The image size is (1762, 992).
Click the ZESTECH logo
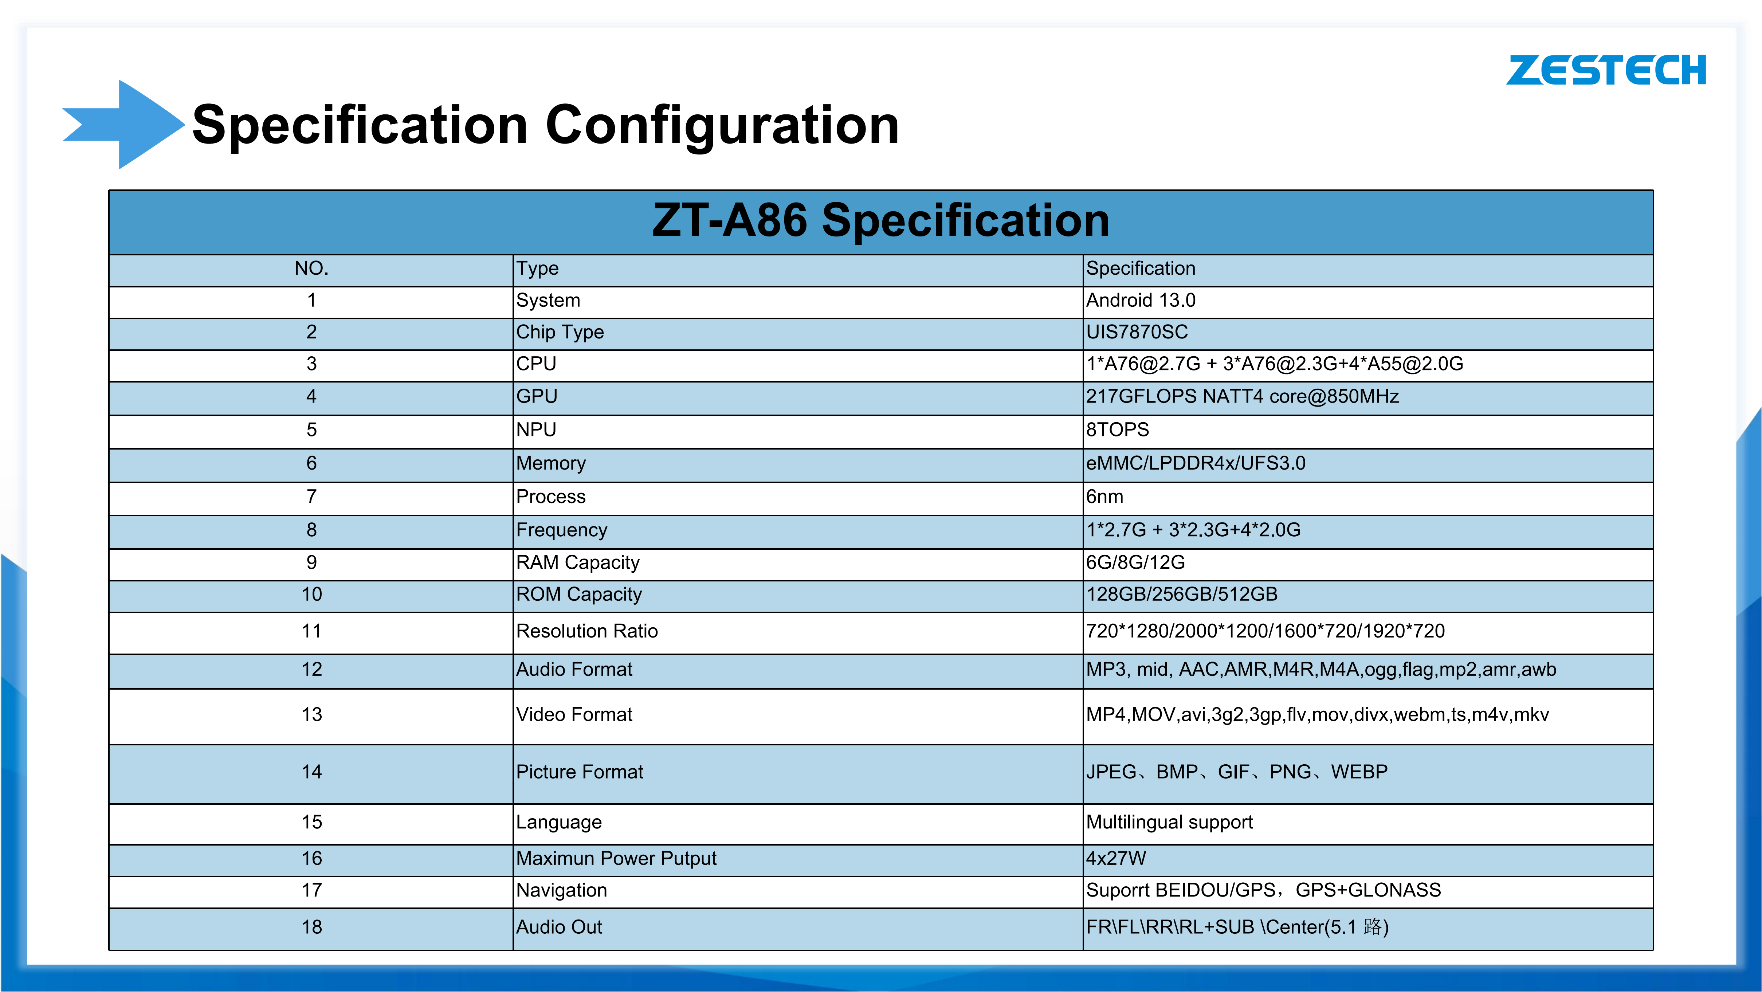point(1606,70)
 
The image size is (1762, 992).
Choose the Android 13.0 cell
point(1141,300)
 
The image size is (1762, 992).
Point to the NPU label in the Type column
point(536,430)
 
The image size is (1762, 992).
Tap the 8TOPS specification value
point(1118,430)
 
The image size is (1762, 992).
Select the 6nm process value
point(1105,497)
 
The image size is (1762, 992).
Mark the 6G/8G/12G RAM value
point(1135,562)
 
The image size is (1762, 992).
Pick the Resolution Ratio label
point(587,631)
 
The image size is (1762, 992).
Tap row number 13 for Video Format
point(312,714)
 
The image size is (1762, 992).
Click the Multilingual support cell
point(1170,822)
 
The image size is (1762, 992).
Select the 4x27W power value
point(1116,859)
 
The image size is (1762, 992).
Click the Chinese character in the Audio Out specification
point(1373,927)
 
